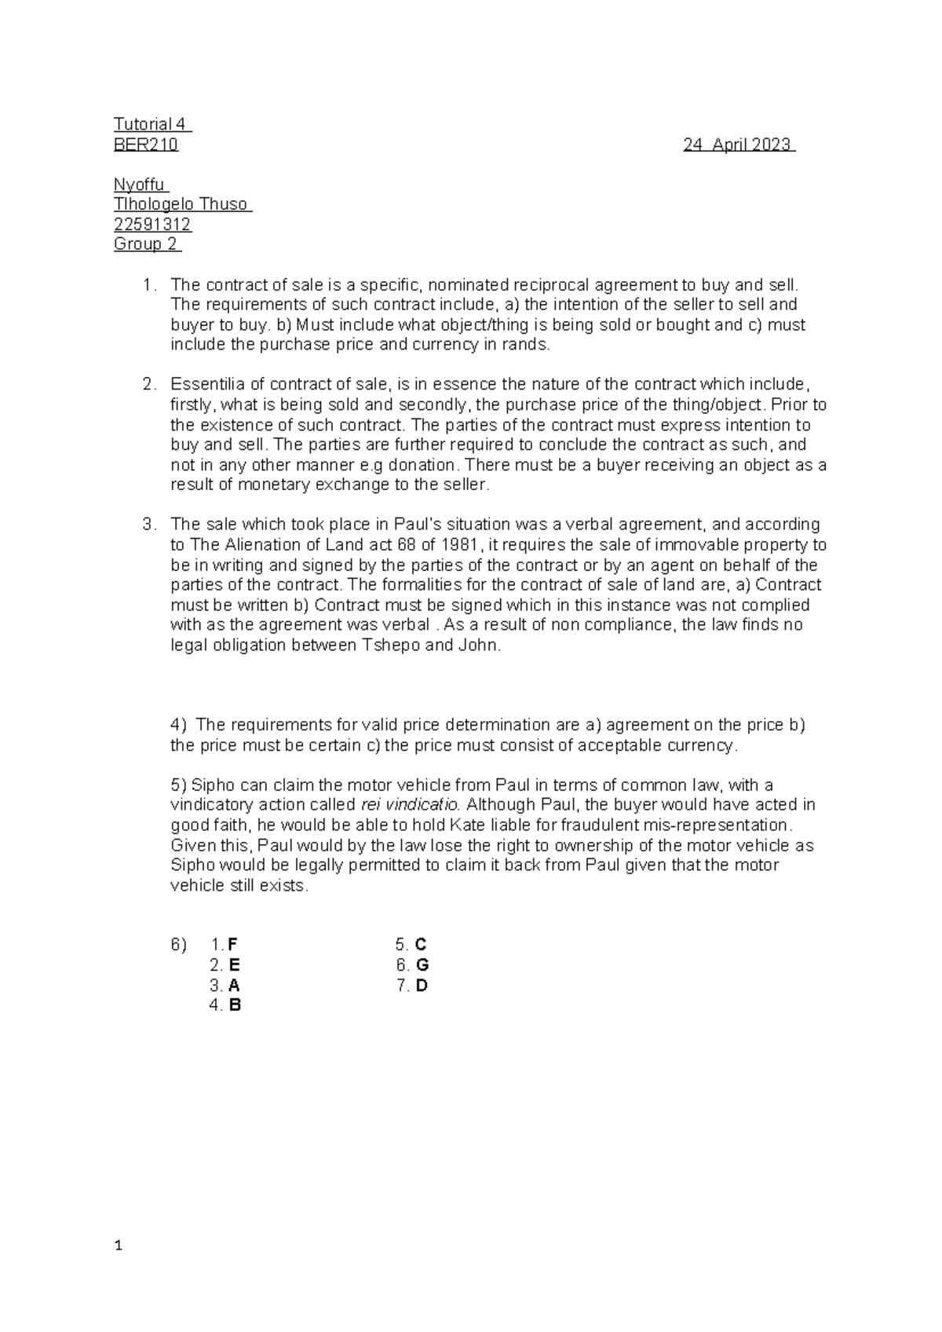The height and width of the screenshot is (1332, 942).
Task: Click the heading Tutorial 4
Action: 152,124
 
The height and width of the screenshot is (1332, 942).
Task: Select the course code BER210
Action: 146,145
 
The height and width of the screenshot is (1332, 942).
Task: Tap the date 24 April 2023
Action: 738,145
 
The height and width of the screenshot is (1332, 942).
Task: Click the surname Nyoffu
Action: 140,185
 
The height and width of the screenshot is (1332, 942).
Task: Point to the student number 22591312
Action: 152,225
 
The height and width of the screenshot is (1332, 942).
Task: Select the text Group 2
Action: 146,244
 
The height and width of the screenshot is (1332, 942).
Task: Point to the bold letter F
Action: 232,945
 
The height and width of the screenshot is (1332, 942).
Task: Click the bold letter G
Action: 423,965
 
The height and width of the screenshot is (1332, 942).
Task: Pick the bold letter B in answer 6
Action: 235,1005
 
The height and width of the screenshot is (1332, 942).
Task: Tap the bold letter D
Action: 422,986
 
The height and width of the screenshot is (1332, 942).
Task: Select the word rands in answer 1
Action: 531,345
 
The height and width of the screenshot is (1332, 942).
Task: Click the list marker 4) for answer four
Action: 178,725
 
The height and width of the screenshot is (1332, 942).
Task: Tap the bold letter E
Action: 235,965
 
